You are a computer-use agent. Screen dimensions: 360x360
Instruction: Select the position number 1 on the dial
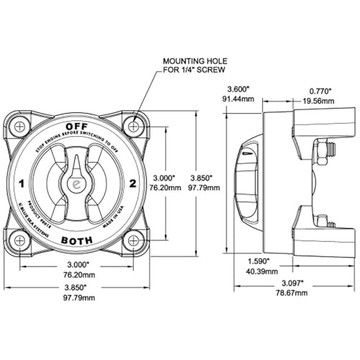[x=24, y=184]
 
